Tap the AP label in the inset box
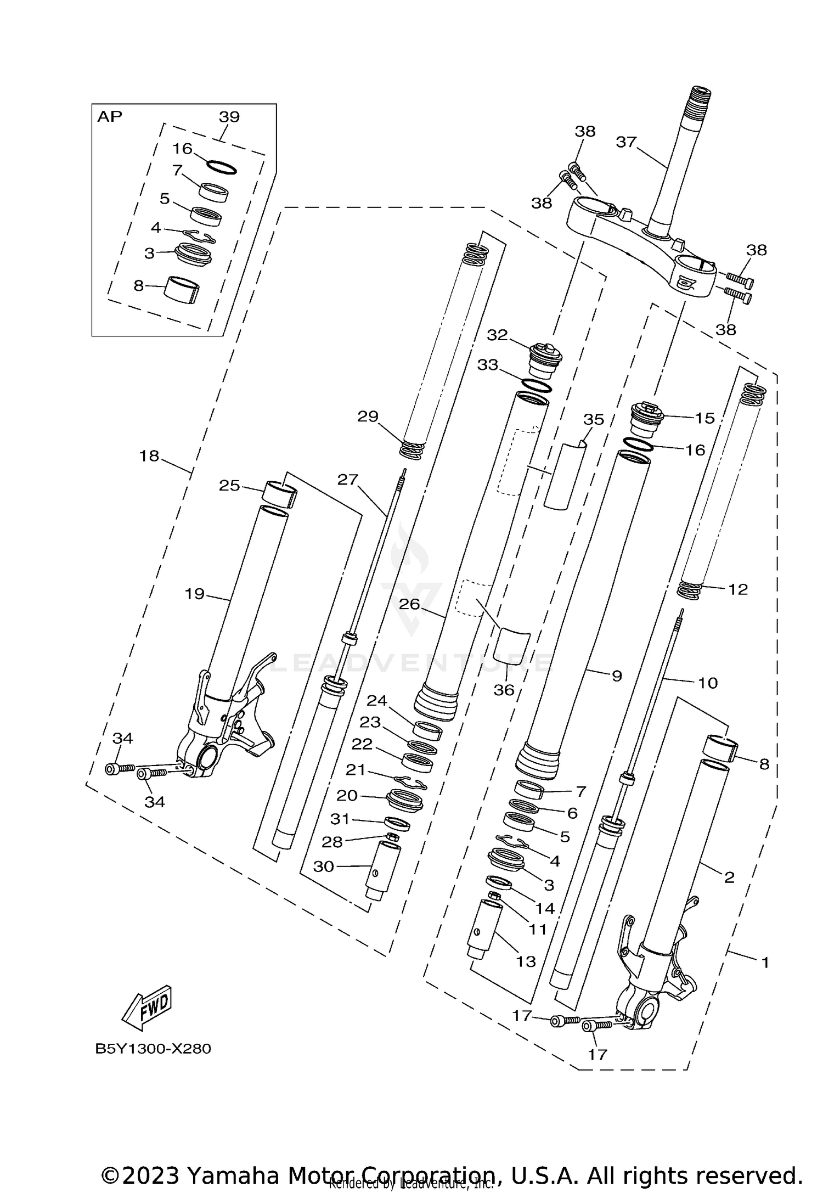tap(110, 116)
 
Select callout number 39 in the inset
tap(229, 117)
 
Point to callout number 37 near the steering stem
tap(626, 142)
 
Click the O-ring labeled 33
tap(536, 386)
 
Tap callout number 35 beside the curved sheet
tap(593, 419)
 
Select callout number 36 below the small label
tap(504, 690)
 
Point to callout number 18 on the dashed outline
tap(149, 455)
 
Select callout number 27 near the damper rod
tap(347, 480)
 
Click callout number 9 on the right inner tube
tap(616, 676)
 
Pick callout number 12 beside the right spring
tap(738, 589)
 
